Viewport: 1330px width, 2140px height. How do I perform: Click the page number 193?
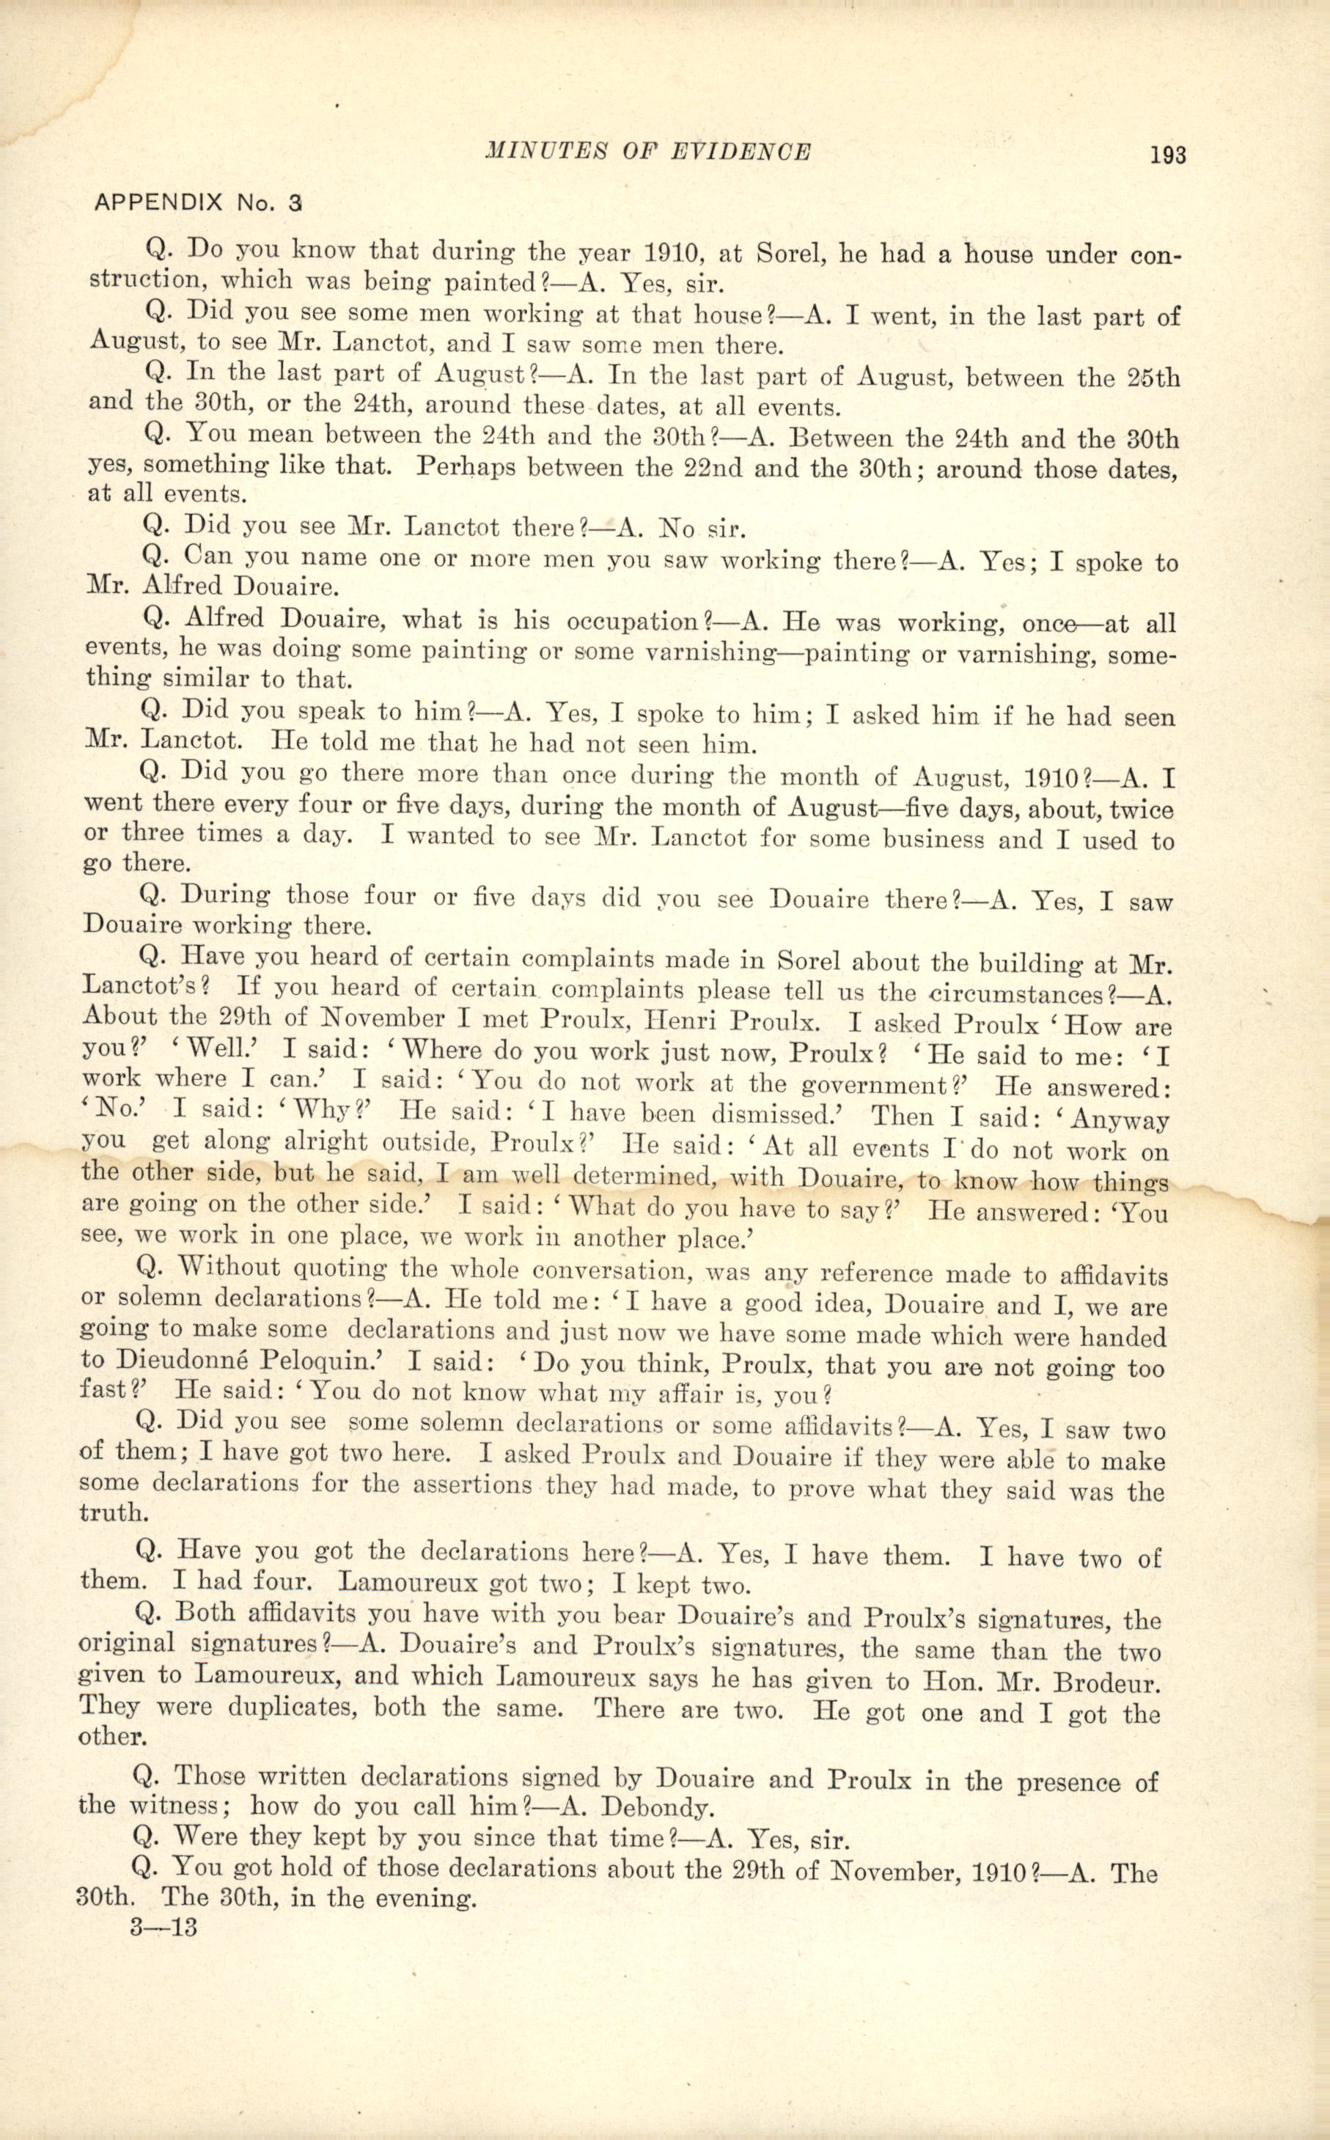coord(1167,155)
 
